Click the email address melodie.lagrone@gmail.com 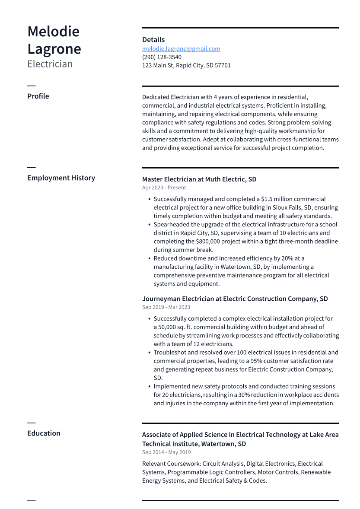(x=181, y=49)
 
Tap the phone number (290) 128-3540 (x=162, y=57)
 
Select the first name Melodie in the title (x=53, y=32)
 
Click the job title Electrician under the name (x=50, y=64)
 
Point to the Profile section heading (x=38, y=96)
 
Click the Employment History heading (x=61, y=178)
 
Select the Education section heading (x=44, y=433)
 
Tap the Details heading (x=153, y=39)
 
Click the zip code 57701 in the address (x=223, y=65)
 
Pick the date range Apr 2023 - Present (x=164, y=188)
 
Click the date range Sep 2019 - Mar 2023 (x=166, y=307)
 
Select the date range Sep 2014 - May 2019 (x=166, y=452)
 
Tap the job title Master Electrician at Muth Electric (x=199, y=179)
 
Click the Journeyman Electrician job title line (x=235, y=299)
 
